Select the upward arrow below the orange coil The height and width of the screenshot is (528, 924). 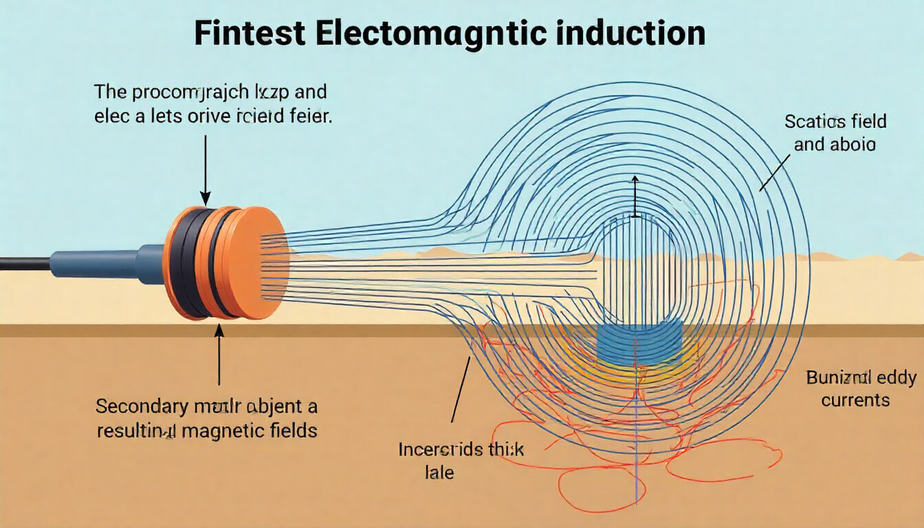click(219, 354)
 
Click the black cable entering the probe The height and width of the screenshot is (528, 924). click(24, 263)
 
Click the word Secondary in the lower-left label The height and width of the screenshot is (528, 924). click(141, 406)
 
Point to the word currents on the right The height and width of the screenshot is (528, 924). click(855, 400)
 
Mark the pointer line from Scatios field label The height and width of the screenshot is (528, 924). click(773, 172)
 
